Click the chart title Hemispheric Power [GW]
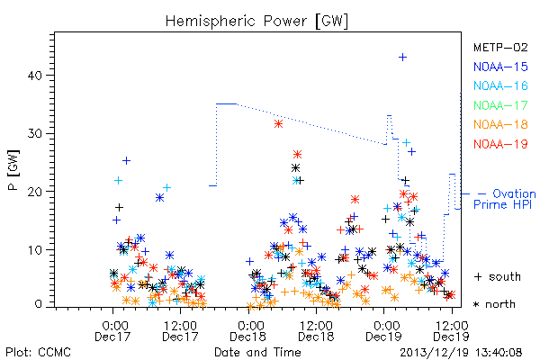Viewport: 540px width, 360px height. [x=256, y=21]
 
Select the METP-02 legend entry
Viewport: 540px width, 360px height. [x=500, y=48]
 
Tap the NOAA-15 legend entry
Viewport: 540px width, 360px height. [x=500, y=67]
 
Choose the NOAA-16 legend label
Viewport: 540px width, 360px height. [x=500, y=85]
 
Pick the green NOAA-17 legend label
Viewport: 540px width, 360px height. [x=500, y=105]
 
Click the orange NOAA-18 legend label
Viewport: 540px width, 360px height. [x=500, y=124]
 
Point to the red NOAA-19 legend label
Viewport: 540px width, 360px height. [x=500, y=144]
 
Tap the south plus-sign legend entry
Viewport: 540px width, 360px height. [x=498, y=276]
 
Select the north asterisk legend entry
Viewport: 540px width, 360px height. [x=494, y=304]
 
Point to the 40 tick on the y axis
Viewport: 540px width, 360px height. [x=35, y=76]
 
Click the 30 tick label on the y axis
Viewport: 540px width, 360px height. [x=35, y=133]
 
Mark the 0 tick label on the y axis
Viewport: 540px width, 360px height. [x=38, y=304]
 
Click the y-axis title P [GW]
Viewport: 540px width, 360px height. [x=13, y=170]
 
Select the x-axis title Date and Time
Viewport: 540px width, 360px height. [x=257, y=352]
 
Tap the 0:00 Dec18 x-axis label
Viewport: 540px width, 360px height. [x=248, y=331]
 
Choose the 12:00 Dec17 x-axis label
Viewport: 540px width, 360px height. [x=180, y=331]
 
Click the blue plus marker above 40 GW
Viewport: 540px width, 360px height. [x=402, y=58]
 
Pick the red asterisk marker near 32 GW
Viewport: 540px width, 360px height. [x=278, y=124]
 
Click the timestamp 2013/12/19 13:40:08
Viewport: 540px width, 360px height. [x=461, y=353]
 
